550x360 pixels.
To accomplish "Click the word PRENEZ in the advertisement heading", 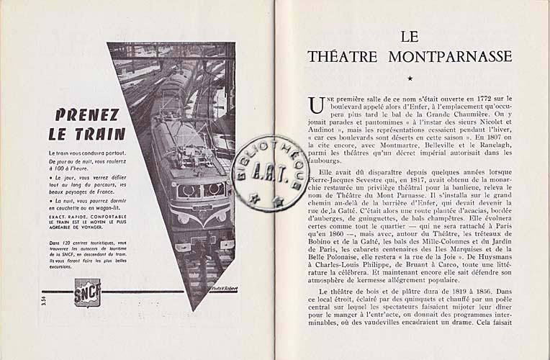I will click(87, 114).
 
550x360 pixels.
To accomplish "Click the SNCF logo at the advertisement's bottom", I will click(87, 292).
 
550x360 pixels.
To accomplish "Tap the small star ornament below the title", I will click(410, 78).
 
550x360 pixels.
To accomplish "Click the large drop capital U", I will click(317, 105).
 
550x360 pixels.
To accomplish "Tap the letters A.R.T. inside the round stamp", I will click(270, 173).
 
